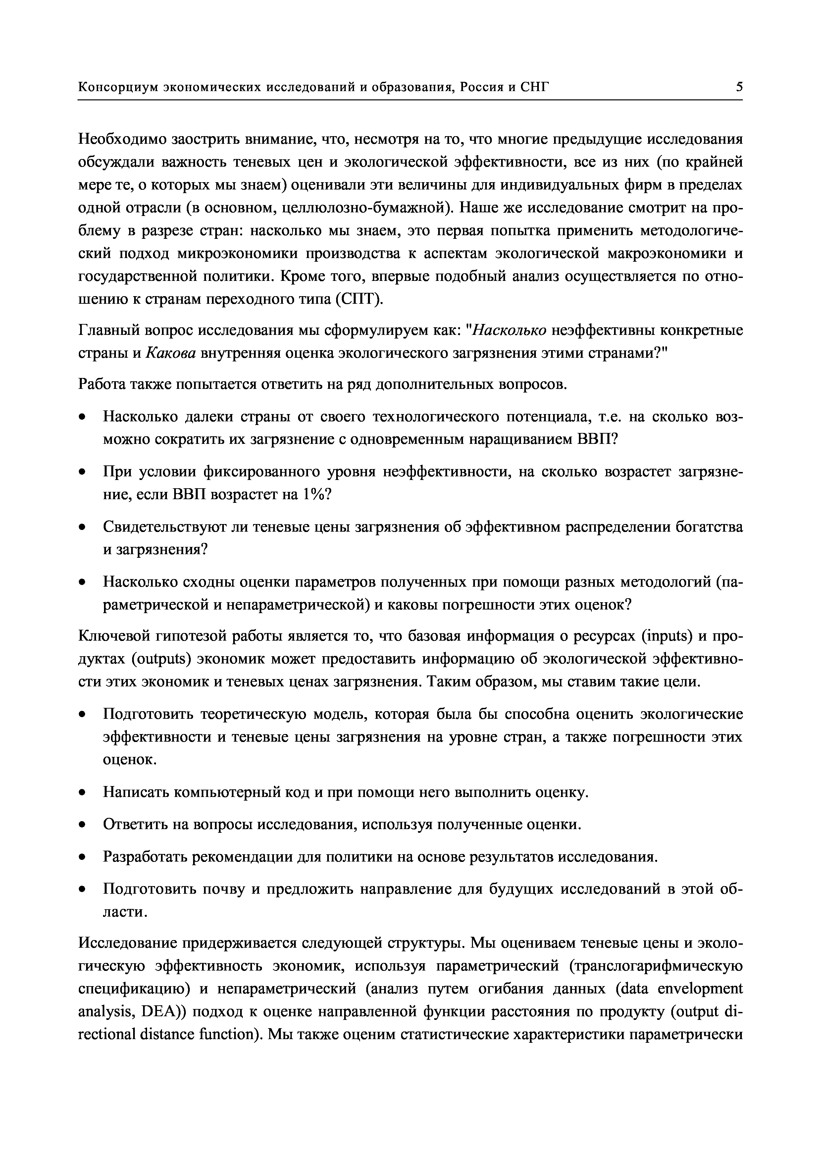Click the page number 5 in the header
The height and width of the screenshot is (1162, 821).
pyautogui.click(x=739, y=87)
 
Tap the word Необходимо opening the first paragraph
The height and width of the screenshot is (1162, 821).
pyautogui.click(x=122, y=139)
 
